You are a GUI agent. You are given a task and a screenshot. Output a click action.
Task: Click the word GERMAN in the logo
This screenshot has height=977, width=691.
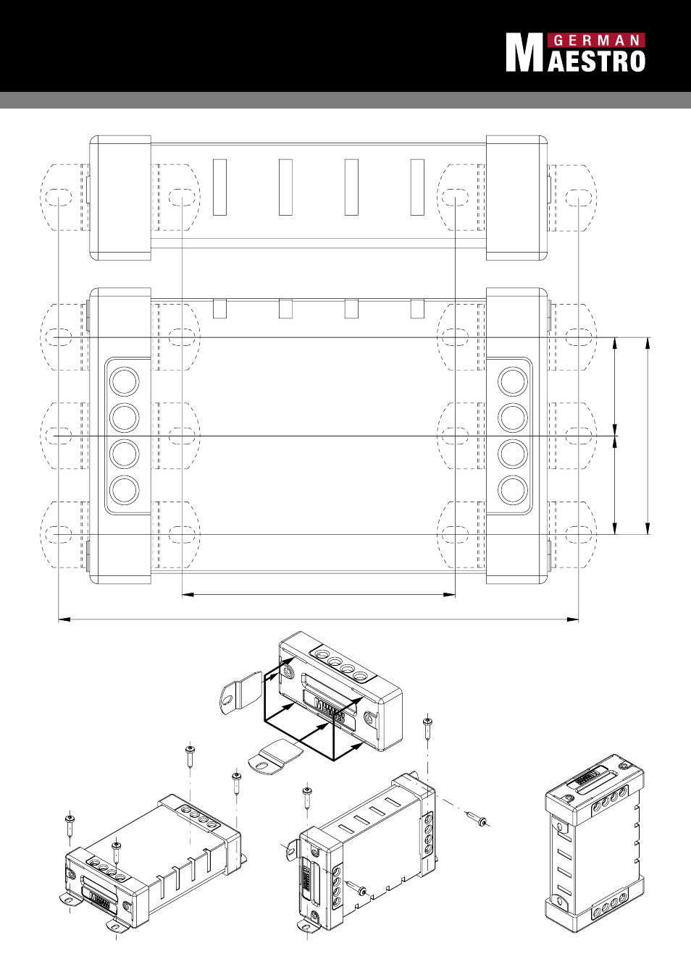click(x=596, y=41)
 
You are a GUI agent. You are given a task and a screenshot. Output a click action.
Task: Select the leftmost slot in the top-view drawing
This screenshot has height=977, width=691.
click(x=219, y=187)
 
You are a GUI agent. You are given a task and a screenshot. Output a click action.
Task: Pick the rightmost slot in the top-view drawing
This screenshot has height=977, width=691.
click(x=417, y=187)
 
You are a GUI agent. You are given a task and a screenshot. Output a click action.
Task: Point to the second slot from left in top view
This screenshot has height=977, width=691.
click(x=285, y=187)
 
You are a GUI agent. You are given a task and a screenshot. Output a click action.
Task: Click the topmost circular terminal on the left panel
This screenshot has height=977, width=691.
click(x=125, y=381)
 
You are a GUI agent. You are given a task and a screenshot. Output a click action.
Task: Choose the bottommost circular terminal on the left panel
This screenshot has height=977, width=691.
click(x=125, y=489)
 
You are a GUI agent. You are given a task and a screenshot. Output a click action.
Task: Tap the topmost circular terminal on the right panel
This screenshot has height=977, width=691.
click(x=513, y=381)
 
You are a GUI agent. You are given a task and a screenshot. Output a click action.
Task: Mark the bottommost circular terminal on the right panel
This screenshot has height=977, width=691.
click(x=513, y=489)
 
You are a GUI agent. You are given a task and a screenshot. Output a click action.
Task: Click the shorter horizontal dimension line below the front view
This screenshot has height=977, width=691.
click(x=319, y=594)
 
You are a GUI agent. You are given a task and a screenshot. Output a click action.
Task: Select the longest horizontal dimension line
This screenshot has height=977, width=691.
click(x=319, y=619)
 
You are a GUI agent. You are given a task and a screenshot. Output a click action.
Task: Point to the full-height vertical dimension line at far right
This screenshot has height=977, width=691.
click(x=648, y=436)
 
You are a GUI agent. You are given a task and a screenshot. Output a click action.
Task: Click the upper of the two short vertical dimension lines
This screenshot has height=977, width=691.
click(x=615, y=386)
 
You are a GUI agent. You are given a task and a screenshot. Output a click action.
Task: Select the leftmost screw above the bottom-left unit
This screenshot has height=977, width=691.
click(x=70, y=825)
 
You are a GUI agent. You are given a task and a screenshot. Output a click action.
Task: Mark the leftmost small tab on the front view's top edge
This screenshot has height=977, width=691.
click(x=219, y=308)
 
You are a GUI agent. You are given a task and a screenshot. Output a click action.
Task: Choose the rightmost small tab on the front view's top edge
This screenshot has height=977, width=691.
click(x=417, y=308)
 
